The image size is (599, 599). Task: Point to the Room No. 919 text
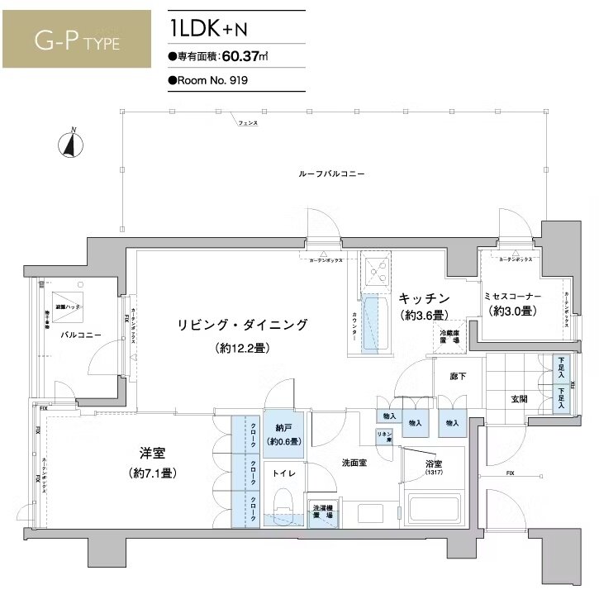click(208, 81)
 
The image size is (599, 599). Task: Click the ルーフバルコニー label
click(332, 174)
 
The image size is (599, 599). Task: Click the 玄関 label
click(520, 399)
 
